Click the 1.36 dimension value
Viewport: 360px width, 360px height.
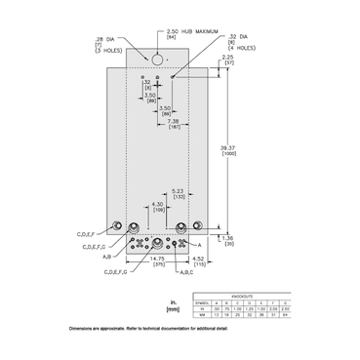(x=227, y=235)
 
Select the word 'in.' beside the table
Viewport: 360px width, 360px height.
(x=174, y=301)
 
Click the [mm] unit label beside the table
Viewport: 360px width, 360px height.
(x=174, y=311)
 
